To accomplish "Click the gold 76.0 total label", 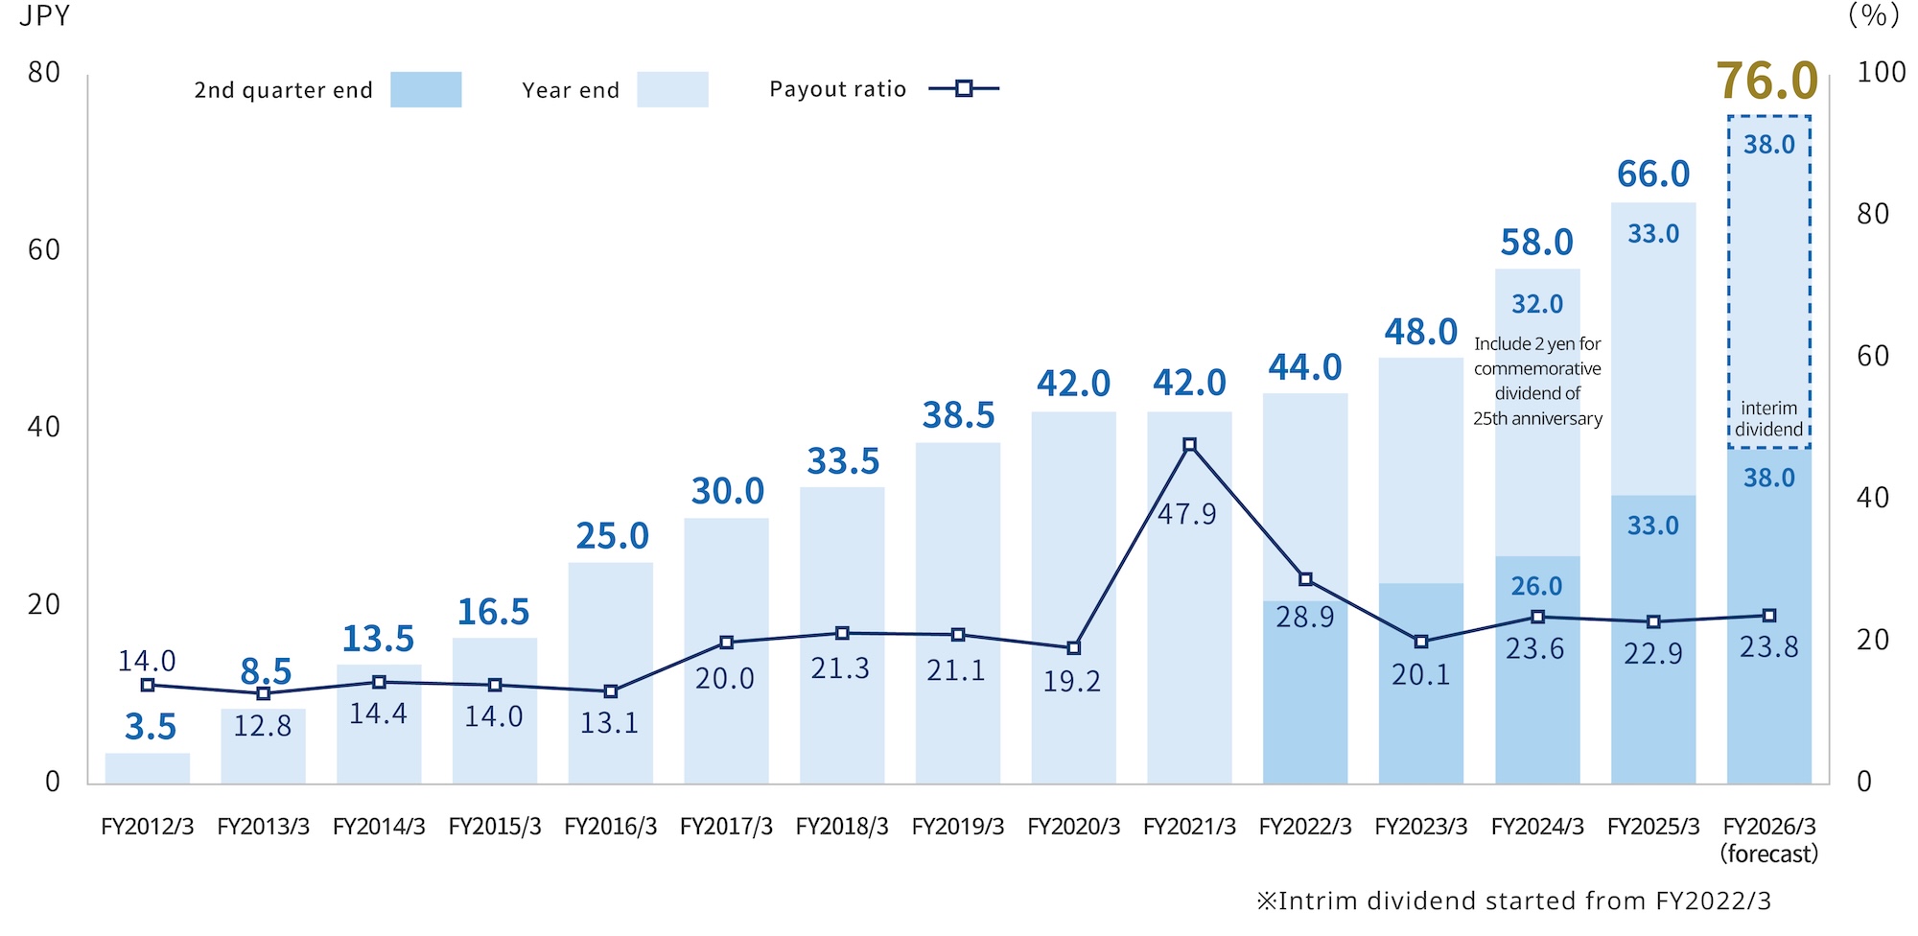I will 1766,81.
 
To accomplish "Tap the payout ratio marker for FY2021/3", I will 1189,445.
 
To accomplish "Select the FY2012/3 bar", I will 148,768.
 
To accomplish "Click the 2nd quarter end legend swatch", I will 426,89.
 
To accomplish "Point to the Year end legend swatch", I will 672,89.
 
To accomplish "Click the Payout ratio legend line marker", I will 964,89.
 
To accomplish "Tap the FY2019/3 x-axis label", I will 957,827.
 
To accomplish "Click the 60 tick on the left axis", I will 44,250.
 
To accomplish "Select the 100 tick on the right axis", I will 1881,73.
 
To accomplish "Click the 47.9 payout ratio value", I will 1186,515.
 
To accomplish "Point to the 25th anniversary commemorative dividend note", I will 1537,381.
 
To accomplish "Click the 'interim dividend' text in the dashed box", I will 1768,419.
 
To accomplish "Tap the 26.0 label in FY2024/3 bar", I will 1536,586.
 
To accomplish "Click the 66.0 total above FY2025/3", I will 1652,175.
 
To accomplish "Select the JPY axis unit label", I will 44,16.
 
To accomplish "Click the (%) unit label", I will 1873,16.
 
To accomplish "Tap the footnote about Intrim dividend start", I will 1513,901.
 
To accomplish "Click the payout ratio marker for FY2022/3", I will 1305,579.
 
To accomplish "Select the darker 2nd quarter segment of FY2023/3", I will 1420,710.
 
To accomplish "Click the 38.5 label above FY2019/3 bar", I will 958,416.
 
